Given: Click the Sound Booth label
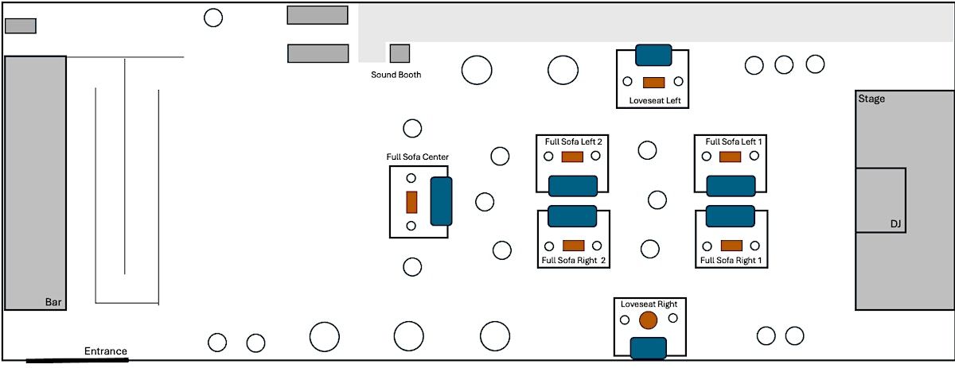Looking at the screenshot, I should tap(396, 75).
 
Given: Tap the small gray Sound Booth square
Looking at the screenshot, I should tap(400, 53).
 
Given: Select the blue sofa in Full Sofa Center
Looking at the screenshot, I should tap(441, 201).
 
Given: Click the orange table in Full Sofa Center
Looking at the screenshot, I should tap(412, 202).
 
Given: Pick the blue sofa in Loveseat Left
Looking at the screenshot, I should tap(653, 55).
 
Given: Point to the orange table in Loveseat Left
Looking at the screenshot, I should tap(653, 82).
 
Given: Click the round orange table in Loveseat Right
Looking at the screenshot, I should tap(648, 320).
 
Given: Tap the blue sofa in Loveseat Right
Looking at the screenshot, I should tap(648, 347).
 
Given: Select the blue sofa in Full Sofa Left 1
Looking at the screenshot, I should tap(730, 185).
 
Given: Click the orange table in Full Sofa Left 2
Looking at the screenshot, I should tap(572, 157).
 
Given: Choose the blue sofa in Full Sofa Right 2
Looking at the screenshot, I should tap(572, 215).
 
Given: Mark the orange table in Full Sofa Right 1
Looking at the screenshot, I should tap(731, 245).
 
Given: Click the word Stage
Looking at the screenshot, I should tap(871, 99).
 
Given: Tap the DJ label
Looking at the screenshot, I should tap(896, 225).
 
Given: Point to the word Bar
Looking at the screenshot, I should tap(53, 302).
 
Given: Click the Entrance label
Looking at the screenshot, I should tap(106, 351).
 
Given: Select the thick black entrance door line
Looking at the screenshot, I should tap(76, 361).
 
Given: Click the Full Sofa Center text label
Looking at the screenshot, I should tap(418, 157).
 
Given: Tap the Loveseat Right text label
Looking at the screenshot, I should tap(648, 304).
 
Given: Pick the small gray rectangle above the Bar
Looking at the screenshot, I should tap(21, 25).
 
